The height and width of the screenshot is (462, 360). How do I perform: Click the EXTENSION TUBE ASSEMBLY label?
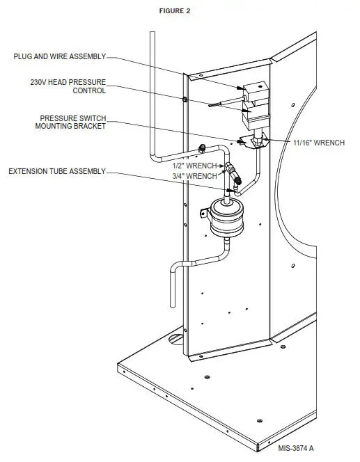(56, 171)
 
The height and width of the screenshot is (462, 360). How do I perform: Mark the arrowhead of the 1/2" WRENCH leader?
(227, 166)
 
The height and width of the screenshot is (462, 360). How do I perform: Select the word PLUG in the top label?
(22, 57)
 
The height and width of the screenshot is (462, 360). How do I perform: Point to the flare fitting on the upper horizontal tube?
(202, 148)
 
